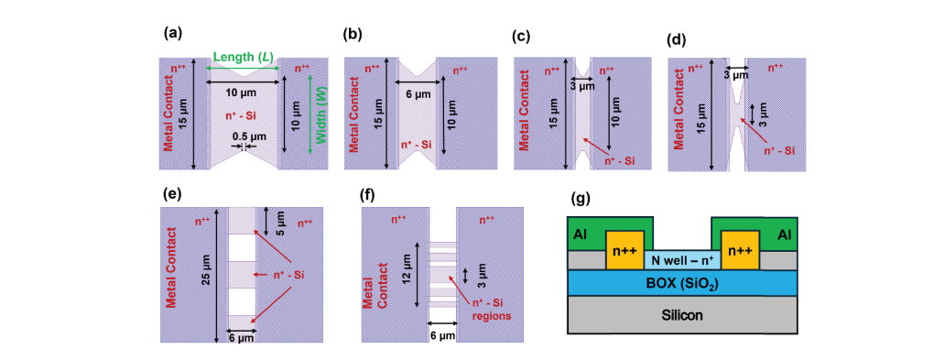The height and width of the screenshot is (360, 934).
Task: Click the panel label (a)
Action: pos(171,34)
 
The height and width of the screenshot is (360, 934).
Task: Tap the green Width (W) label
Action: pos(320,119)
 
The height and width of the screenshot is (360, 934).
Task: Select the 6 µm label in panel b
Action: pos(418,94)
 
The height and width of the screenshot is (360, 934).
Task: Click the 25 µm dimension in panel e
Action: pos(206,269)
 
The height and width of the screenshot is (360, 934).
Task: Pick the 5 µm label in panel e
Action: pos(278,221)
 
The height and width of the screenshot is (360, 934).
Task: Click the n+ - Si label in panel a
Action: pos(244,116)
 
